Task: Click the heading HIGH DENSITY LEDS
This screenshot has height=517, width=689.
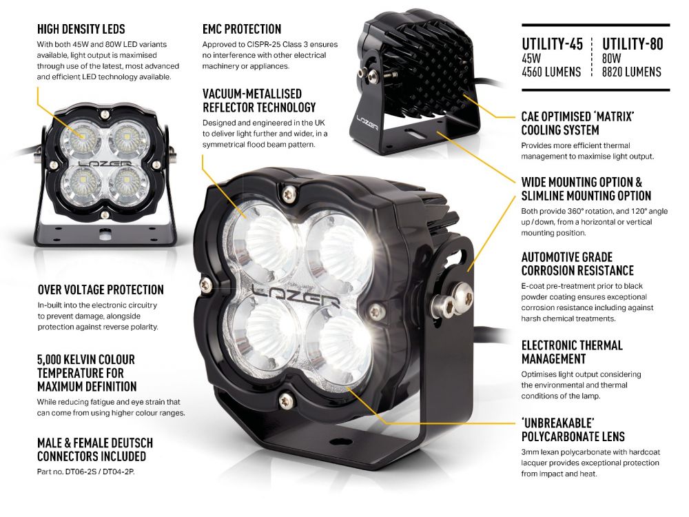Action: (81, 29)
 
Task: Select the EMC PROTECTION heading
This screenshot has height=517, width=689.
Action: (242, 29)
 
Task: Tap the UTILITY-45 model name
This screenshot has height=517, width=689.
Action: (552, 45)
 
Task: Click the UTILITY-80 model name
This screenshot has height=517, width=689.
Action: (633, 45)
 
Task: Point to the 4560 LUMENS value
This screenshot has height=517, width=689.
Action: (551, 72)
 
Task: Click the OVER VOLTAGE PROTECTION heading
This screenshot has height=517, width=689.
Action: (101, 290)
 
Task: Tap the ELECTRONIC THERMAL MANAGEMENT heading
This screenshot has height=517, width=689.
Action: (572, 352)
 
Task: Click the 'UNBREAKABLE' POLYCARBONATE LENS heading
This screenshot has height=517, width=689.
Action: (573, 429)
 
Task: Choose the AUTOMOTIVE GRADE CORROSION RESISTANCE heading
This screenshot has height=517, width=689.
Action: (577, 263)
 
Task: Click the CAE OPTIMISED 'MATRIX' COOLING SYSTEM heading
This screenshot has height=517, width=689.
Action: (577, 123)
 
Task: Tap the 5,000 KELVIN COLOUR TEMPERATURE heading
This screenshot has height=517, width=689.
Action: (86, 372)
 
